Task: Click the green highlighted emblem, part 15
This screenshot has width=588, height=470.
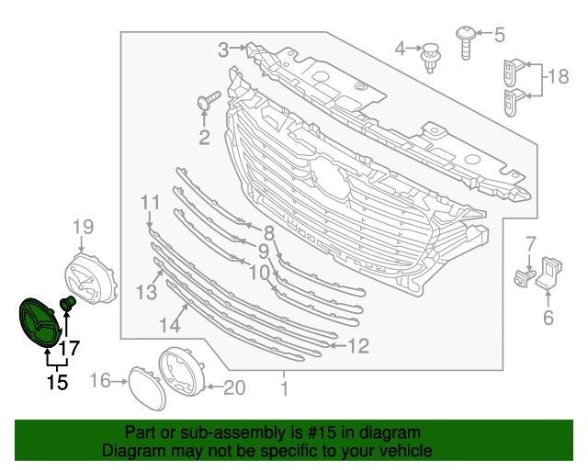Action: click(39, 323)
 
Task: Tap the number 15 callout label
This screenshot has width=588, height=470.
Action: click(57, 382)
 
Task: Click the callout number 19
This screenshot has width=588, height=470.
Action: click(83, 227)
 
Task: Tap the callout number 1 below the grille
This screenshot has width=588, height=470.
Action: click(284, 389)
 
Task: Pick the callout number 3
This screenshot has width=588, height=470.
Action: click(223, 48)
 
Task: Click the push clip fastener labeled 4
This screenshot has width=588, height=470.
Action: click(429, 56)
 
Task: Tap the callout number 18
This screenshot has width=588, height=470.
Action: click(559, 76)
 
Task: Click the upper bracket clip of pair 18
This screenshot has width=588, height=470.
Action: click(512, 71)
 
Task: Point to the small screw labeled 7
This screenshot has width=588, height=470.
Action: click(526, 275)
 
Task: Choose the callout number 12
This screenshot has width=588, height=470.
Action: click(358, 345)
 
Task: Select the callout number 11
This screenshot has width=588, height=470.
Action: click(150, 202)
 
